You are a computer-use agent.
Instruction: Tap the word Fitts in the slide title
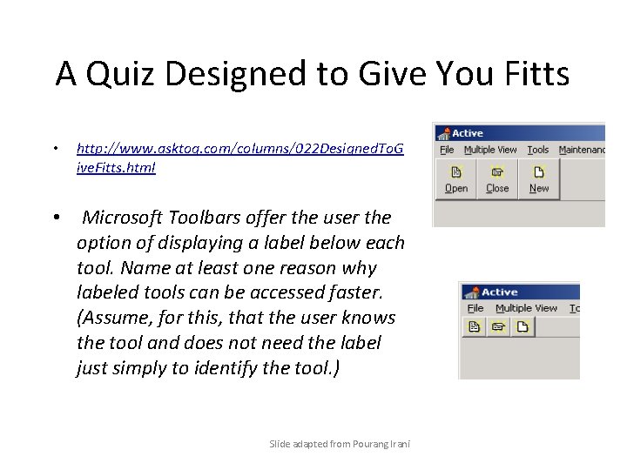pyautogui.click(x=529, y=75)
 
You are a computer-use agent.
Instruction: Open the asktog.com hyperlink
pyautogui.click(x=239, y=158)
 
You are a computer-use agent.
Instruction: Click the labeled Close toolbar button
pyautogui.click(x=497, y=179)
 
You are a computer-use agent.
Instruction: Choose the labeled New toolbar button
pyautogui.click(x=539, y=179)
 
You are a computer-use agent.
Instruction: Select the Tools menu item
pyautogui.click(x=538, y=150)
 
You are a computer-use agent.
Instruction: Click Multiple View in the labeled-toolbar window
pyautogui.click(x=490, y=150)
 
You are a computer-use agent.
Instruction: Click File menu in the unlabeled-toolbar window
pyautogui.click(x=475, y=308)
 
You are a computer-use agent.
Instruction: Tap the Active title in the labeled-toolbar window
pyautogui.click(x=467, y=133)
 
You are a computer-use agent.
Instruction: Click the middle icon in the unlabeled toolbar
pyautogui.click(x=499, y=327)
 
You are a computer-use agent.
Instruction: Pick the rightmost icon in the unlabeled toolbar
pyautogui.click(x=522, y=327)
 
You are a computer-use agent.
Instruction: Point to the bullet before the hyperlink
pyautogui.click(x=55, y=149)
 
